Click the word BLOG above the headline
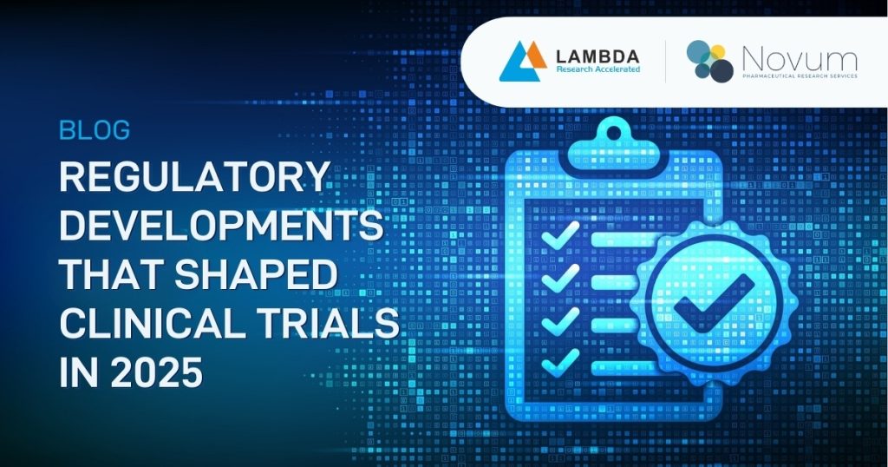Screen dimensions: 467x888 (95, 131)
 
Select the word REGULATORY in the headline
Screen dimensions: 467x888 (194, 179)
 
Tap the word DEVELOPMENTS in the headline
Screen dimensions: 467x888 (221, 227)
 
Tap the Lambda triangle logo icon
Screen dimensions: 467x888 (519, 61)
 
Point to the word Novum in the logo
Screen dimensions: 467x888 (799, 58)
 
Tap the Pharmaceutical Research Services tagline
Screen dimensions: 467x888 (800, 76)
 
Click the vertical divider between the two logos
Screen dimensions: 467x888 (665, 62)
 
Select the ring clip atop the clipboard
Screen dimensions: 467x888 (613, 135)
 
